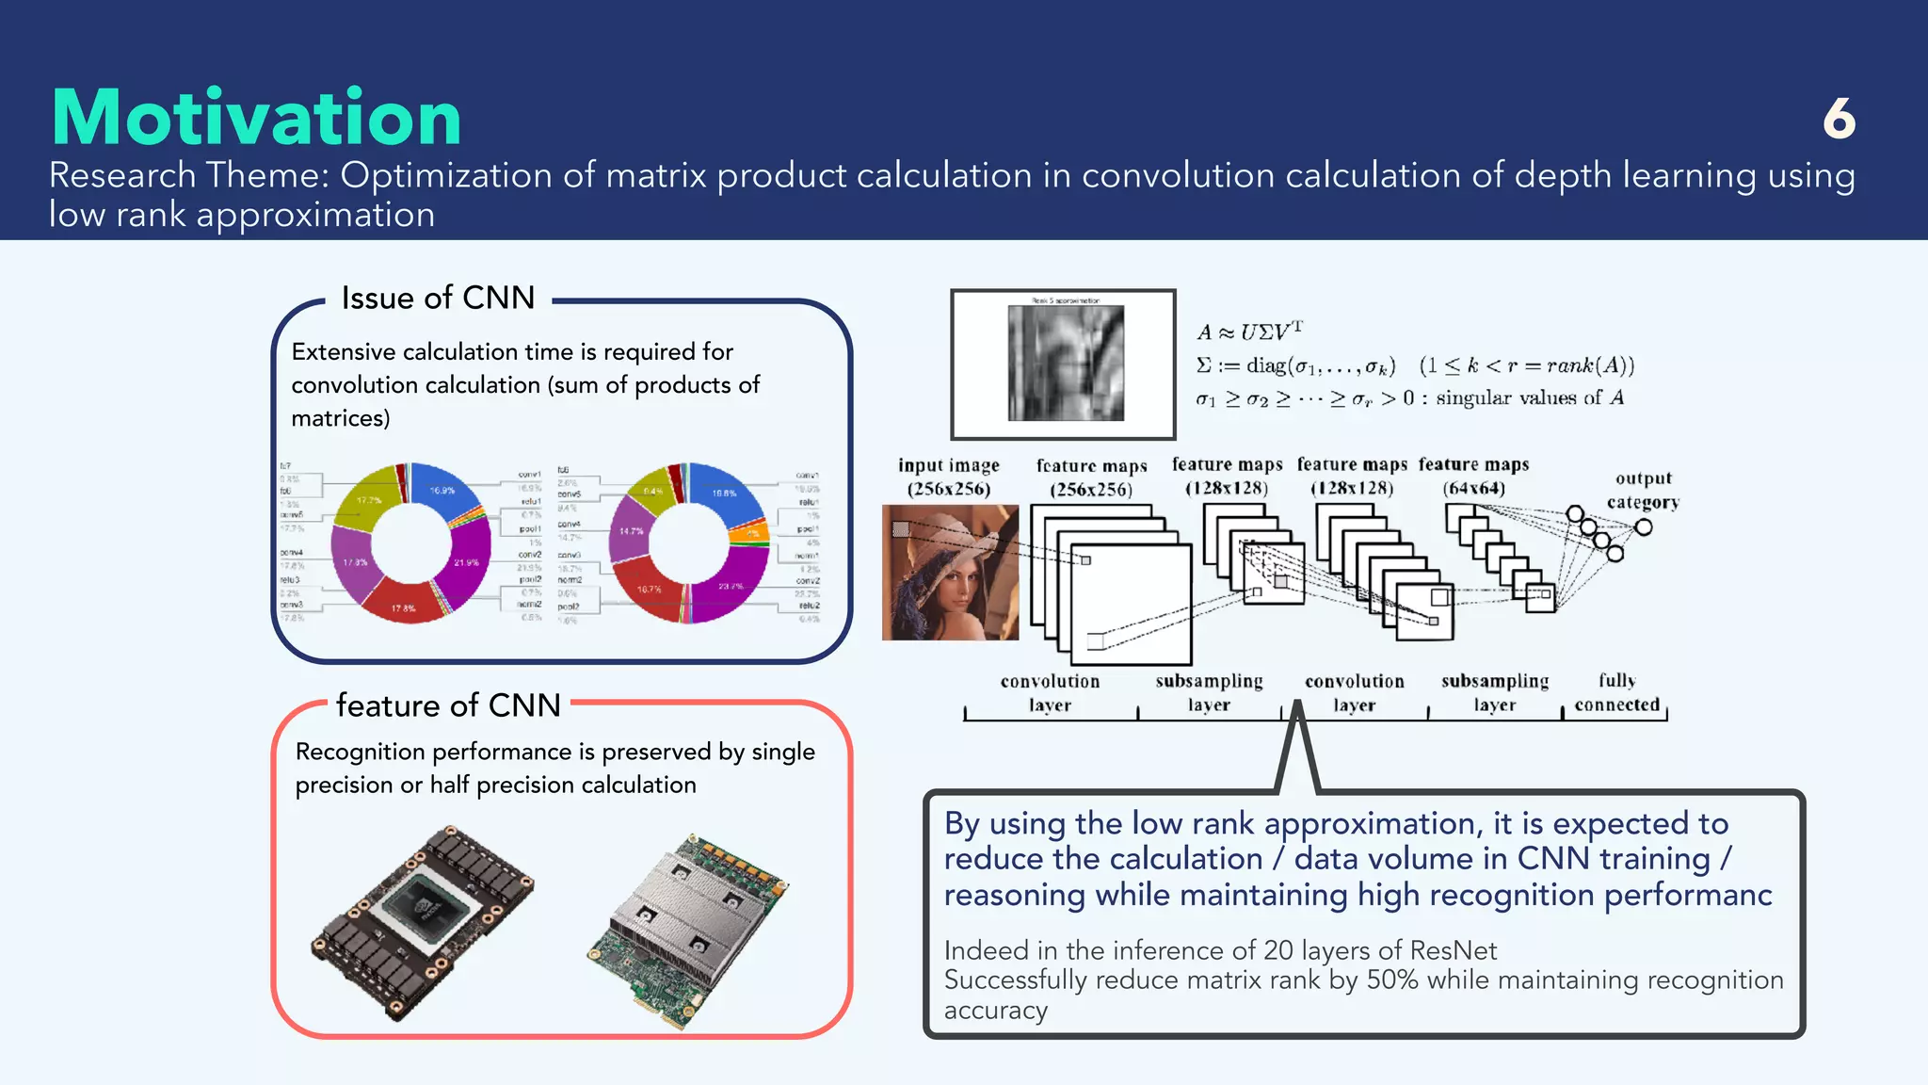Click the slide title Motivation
[256, 118]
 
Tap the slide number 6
[1839, 120]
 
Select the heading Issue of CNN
[438, 298]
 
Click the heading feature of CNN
[448, 705]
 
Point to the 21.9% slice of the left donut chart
[467, 561]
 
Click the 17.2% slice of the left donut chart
[367, 500]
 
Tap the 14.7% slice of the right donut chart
[630, 531]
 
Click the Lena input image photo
[949, 573]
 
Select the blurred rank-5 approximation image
[1065, 364]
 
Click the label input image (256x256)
[948, 477]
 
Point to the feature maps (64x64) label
[1473, 476]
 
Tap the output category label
[1643, 490]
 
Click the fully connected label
[1616, 692]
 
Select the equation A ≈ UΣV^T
[1249, 331]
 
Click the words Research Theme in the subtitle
[188, 176]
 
